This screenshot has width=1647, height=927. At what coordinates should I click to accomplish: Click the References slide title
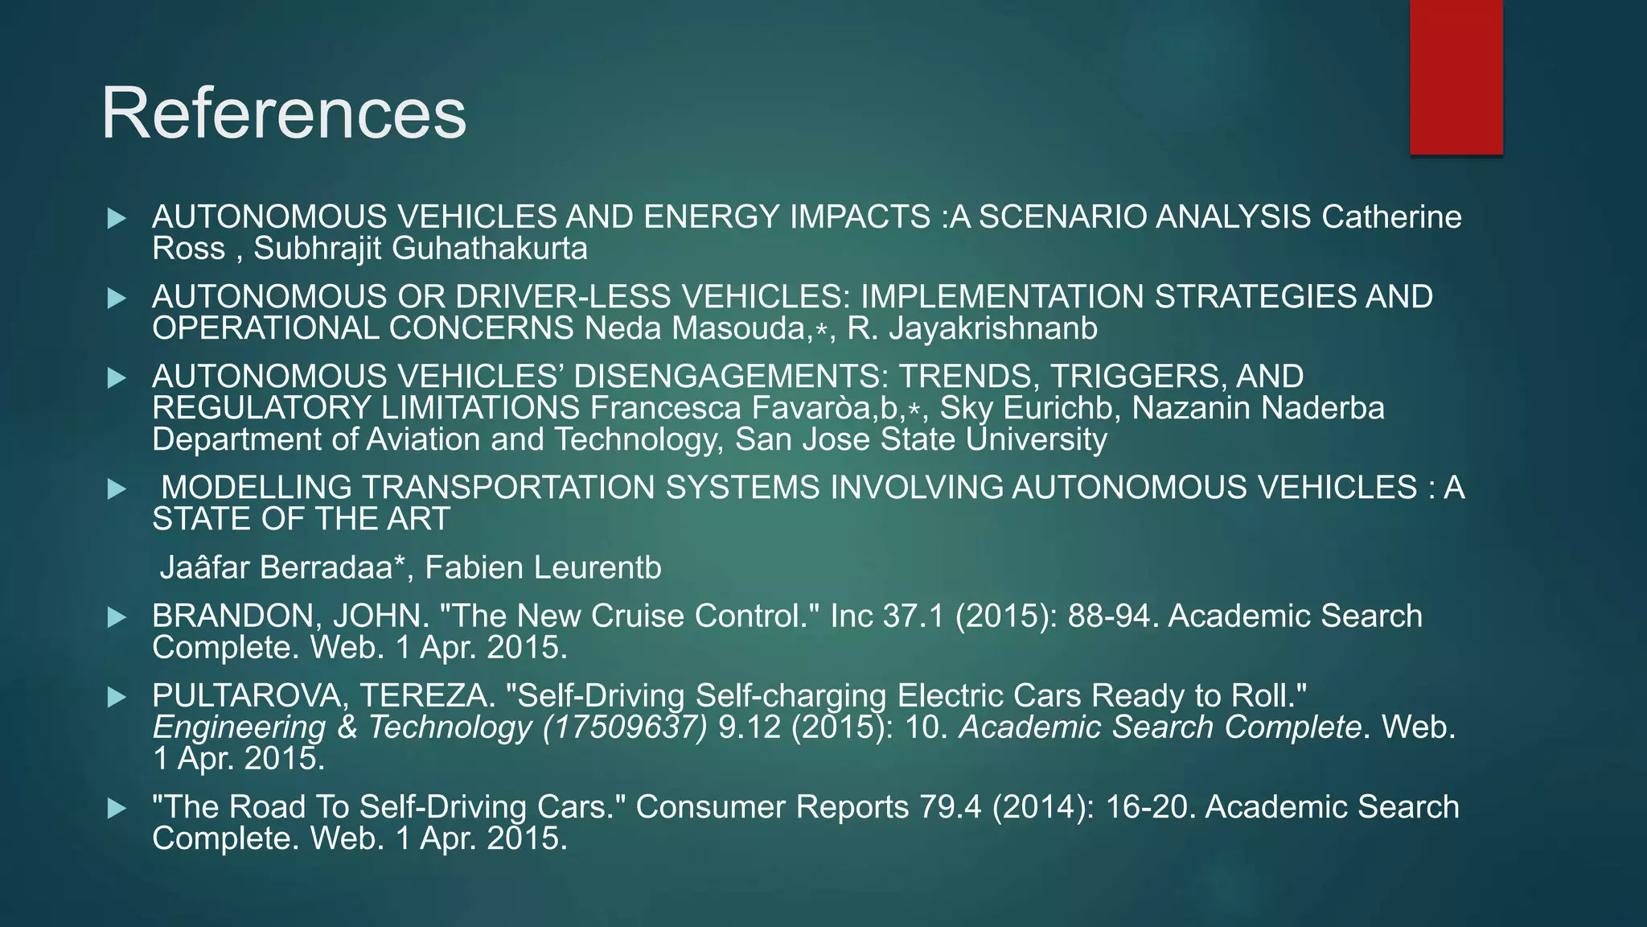pos(283,114)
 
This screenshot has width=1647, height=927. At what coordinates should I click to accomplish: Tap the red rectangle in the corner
pos(1456,77)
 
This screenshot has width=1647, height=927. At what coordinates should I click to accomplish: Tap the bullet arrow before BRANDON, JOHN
pos(117,617)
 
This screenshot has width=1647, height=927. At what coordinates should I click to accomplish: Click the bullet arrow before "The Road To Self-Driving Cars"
pos(117,809)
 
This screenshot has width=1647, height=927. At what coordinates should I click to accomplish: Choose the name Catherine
pos(1391,217)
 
